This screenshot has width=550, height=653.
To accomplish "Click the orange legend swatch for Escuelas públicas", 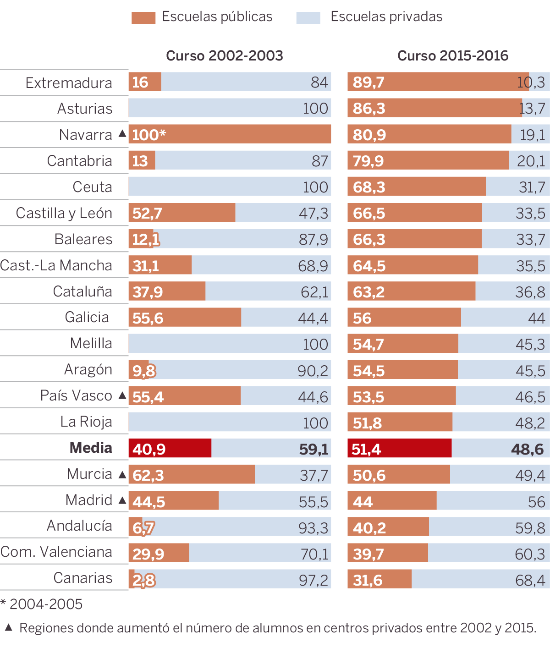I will pos(143,17).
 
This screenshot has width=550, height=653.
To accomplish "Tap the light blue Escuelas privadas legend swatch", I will pos(308,17).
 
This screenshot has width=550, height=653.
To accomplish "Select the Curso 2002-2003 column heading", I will pos(224,56).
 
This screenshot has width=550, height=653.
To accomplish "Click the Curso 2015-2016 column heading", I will pos(453,56).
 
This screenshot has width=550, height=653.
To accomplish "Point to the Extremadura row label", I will pos(69,83).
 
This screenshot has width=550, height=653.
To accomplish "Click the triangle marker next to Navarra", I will pos(122,134).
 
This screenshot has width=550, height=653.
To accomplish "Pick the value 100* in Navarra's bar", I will pos(148,135).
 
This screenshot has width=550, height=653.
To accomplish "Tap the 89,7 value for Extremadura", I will pos(368,82).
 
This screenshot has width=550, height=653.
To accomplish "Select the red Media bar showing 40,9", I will pos(170,448).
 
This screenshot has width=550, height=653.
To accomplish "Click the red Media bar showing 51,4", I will pos(399,448).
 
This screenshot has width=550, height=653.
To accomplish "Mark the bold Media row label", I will pos(91,448).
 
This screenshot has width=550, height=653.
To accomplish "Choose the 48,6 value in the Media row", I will pos(527,449).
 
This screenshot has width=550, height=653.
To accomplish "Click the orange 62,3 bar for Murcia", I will pos(192,474).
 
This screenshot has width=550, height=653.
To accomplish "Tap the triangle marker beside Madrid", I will pos(122,500).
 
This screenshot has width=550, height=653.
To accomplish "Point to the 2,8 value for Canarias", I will pos(143,580).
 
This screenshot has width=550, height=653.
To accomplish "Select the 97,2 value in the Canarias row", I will pos(313,580).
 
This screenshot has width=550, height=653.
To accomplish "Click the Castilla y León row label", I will pos(64,213).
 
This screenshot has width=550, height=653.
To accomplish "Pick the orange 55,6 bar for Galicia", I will pos(185,317).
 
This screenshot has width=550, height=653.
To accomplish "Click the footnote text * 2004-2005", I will pos(42,604).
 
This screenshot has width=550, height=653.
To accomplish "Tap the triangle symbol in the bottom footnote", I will pos(9,627).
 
